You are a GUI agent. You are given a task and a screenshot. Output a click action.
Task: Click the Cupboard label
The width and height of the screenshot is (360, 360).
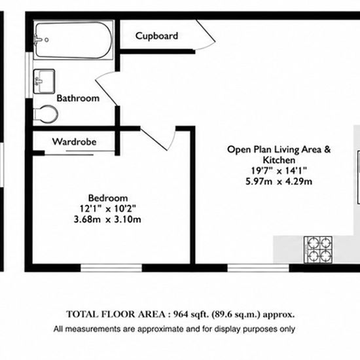pos(156,36)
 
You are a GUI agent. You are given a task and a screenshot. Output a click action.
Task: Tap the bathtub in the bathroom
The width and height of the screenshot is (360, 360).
pos(73,40)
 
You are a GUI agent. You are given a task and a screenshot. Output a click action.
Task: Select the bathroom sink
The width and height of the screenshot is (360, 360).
pos(44,81)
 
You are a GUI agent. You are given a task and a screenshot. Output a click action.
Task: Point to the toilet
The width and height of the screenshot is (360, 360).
pos(46,114)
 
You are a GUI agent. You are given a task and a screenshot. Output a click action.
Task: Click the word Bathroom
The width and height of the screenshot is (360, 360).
pos(78,98)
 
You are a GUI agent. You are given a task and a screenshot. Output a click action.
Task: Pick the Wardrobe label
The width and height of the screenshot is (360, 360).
pos(74,141)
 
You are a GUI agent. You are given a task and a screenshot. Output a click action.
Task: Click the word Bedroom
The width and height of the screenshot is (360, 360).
pos(108,198)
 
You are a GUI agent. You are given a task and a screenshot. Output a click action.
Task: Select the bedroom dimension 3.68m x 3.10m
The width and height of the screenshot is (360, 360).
pos(107,219)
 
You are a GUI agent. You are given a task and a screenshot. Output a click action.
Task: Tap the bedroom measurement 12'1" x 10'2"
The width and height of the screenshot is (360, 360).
pos(108,209)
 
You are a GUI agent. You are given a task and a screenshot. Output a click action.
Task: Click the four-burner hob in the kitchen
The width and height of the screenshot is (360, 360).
pos(318,249)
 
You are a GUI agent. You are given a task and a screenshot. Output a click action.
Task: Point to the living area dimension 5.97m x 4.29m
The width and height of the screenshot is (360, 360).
pos(279,181)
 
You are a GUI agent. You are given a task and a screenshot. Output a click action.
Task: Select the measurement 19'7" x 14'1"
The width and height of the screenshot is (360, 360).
pos(279,171)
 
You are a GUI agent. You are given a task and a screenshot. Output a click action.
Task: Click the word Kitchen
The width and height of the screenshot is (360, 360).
pos(279,160)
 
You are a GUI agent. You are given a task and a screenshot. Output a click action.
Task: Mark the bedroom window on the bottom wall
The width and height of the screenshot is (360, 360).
pos(111,268)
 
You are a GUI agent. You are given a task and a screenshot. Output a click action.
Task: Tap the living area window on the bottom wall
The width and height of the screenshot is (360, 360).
pos(258,268)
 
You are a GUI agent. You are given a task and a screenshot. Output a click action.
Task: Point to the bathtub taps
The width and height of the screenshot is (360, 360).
pos(39,40)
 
